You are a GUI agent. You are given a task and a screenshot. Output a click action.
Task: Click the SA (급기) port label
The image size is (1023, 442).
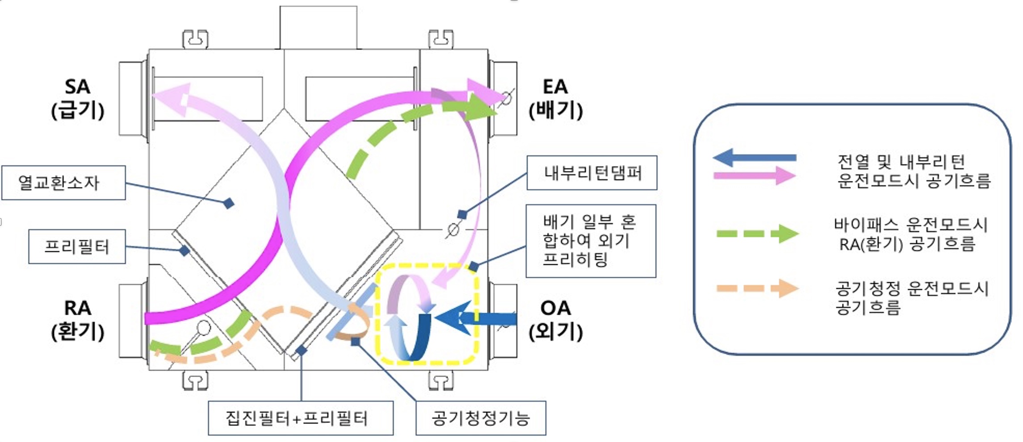click(x=78, y=99)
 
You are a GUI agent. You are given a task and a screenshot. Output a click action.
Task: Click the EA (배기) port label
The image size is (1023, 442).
click(x=555, y=99)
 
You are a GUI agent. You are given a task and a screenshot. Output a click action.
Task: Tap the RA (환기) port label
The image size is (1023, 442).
click(x=78, y=320)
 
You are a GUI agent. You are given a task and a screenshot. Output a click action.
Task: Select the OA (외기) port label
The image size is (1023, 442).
click(x=555, y=320)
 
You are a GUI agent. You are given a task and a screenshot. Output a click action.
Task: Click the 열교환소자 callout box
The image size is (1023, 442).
click(x=63, y=183)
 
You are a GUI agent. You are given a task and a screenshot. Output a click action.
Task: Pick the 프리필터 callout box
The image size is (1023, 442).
click(x=77, y=246)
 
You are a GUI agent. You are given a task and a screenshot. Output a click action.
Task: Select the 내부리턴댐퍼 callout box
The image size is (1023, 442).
click(x=592, y=173)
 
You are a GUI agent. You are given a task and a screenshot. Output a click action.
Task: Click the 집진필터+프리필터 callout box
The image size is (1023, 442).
click(x=301, y=418)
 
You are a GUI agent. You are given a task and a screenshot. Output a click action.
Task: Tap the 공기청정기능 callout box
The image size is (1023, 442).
click(x=481, y=418)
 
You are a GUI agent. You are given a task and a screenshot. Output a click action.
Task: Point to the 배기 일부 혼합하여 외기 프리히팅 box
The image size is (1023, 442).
click(x=591, y=241)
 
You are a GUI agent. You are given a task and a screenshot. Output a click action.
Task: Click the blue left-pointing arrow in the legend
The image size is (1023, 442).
click(x=755, y=158)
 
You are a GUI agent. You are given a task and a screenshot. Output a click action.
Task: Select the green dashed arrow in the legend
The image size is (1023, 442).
click(x=757, y=234)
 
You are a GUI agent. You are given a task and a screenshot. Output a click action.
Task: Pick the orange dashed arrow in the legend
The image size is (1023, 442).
click(x=757, y=288)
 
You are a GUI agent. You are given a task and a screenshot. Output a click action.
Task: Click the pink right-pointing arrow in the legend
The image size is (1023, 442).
click(x=755, y=175)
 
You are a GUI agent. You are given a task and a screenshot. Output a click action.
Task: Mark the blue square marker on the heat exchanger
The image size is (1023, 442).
click(x=229, y=204)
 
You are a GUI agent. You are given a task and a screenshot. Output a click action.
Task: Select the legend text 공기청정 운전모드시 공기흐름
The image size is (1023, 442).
click(x=911, y=298)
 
